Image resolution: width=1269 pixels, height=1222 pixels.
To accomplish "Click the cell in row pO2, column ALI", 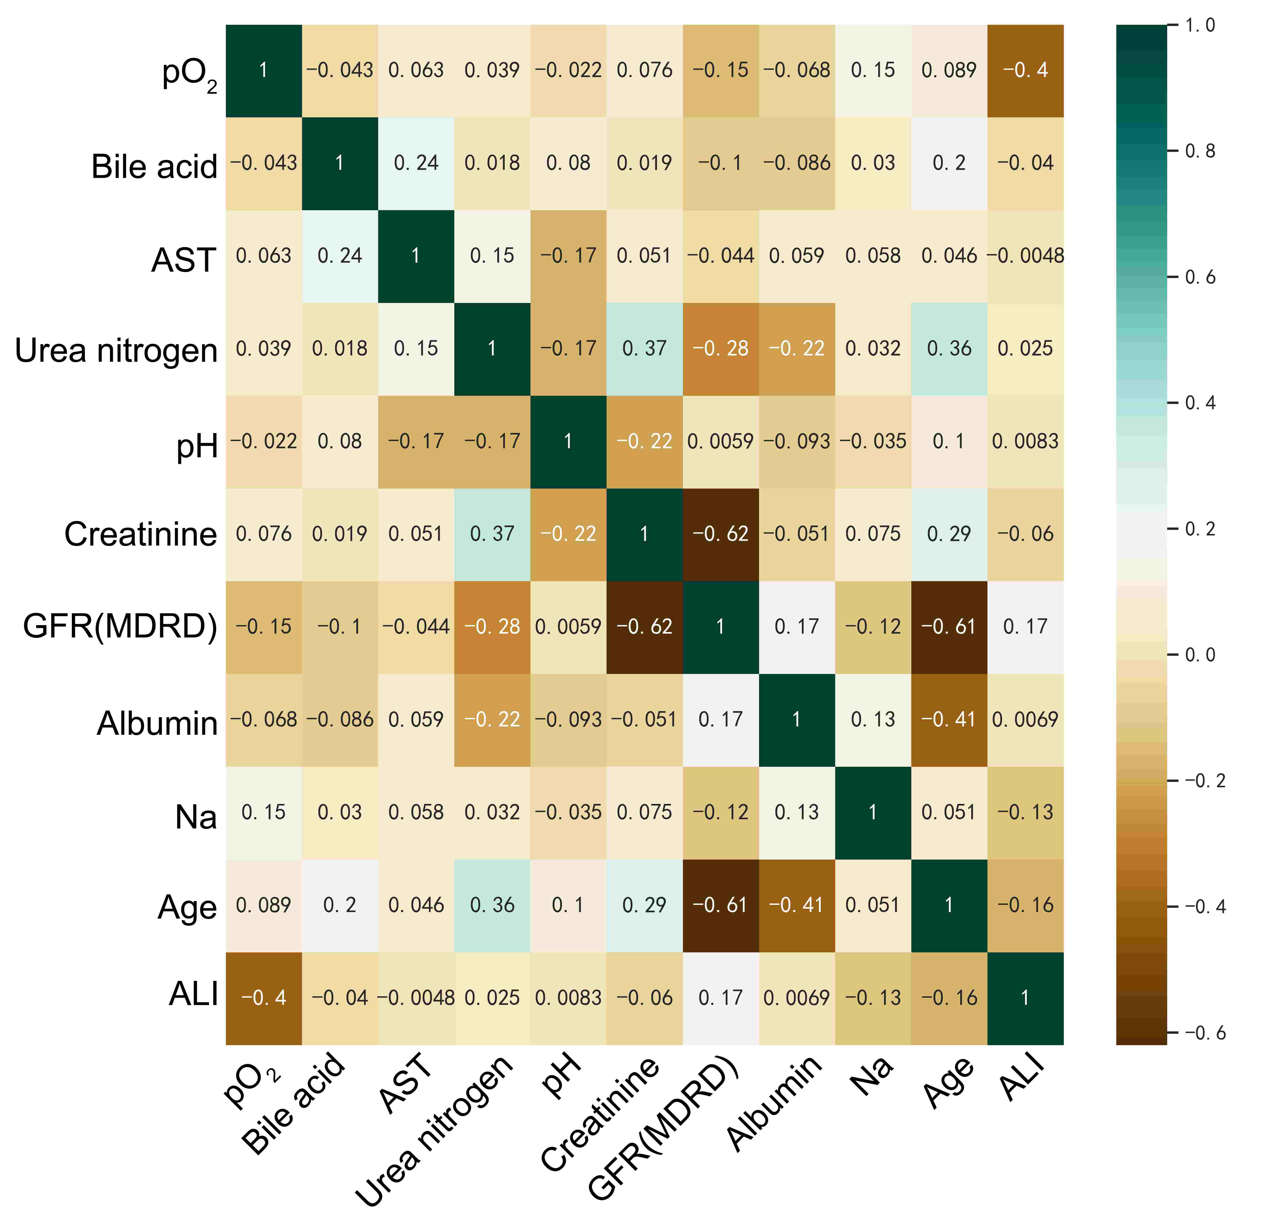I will point(1026,70).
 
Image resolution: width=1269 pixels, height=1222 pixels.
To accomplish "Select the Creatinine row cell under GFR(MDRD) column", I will point(721,534).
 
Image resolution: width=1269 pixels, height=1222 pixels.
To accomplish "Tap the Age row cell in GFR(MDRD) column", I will point(721,905).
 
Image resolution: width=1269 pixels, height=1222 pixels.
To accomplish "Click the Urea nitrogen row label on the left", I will point(116,350).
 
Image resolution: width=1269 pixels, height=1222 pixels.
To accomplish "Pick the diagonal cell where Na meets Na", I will point(873,812).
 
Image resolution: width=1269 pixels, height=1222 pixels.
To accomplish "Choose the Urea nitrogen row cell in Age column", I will point(949,348).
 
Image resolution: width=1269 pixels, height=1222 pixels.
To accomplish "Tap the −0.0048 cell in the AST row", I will point(1026,256).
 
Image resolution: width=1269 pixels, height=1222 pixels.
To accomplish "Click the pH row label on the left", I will point(198,446).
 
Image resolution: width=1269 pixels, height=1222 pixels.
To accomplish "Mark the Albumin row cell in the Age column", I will point(949,719).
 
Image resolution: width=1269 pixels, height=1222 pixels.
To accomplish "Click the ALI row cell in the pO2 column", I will point(264,998).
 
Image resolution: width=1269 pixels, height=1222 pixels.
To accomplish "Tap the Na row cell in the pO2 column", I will point(264,812).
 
